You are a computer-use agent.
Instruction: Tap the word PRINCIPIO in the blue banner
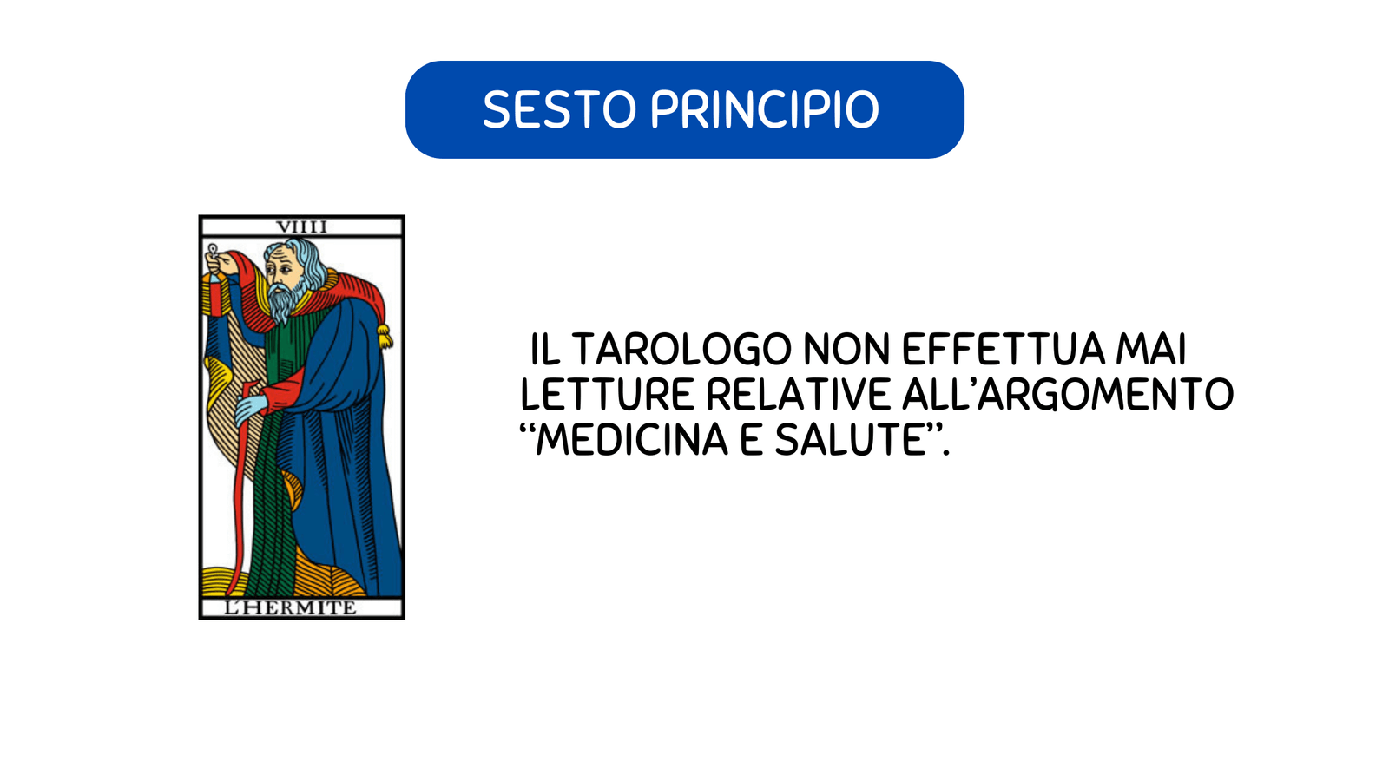pyautogui.click(x=765, y=109)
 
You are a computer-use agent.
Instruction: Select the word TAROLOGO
pyautogui.click(x=681, y=350)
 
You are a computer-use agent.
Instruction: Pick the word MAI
pyautogui.click(x=1151, y=350)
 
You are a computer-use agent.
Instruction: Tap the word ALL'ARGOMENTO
pyautogui.click(x=1068, y=395)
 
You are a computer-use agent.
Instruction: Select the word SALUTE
pyautogui.click(x=851, y=440)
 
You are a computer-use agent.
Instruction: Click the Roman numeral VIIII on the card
pyautogui.click(x=301, y=226)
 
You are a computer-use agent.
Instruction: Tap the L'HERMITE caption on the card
pyautogui.click(x=290, y=607)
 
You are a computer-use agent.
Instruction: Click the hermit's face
pyautogui.click(x=282, y=268)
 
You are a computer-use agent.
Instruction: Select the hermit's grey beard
pyautogui.click(x=288, y=299)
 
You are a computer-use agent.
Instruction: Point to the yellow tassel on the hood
pyautogui.click(x=385, y=336)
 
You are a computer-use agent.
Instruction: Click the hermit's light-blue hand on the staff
pyautogui.click(x=251, y=409)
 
